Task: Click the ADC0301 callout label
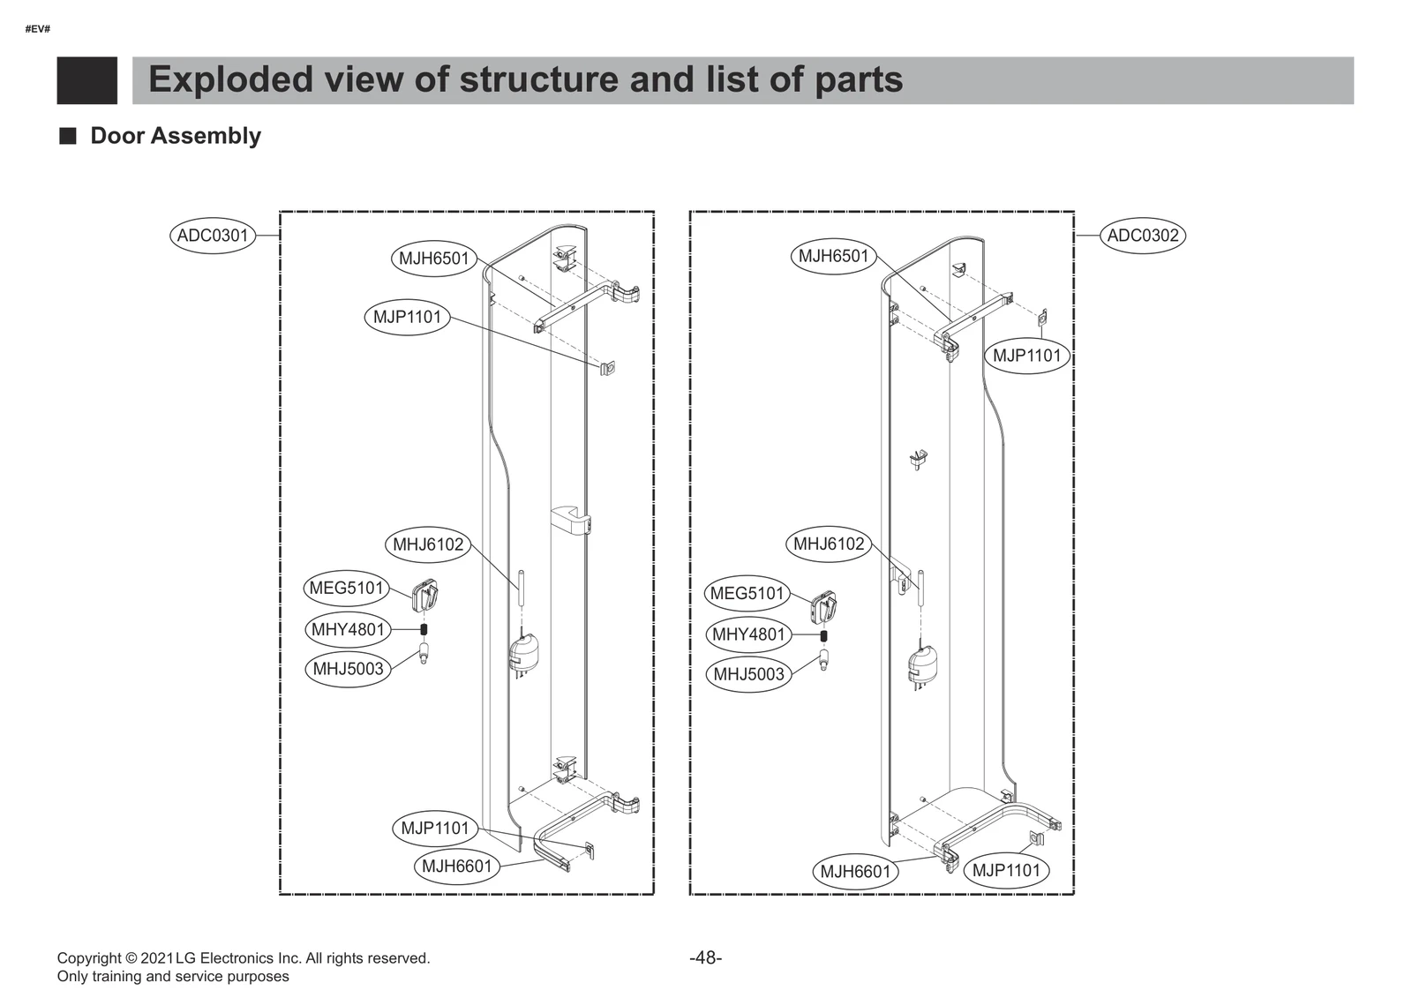[x=213, y=236]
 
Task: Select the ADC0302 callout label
[x=1142, y=236]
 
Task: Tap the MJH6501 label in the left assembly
[x=433, y=259]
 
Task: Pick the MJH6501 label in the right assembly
[x=833, y=257]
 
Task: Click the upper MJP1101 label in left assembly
[x=407, y=317]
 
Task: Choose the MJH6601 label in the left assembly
[x=456, y=867]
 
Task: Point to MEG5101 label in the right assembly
[x=747, y=593]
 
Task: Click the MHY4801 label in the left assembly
[x=348, y=629]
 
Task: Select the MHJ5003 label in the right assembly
[x=748, y=674]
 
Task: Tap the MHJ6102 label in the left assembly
[x=428, y=544]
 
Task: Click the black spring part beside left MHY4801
[x=424, y=629]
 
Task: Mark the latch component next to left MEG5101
[x=425, y=595]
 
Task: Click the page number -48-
[x=705, y=957]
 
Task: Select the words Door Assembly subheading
[x=176, y=136]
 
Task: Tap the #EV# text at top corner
[x=37, y=29]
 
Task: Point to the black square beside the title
[x=86, y=80]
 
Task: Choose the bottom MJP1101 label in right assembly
[x=1006, y=870]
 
